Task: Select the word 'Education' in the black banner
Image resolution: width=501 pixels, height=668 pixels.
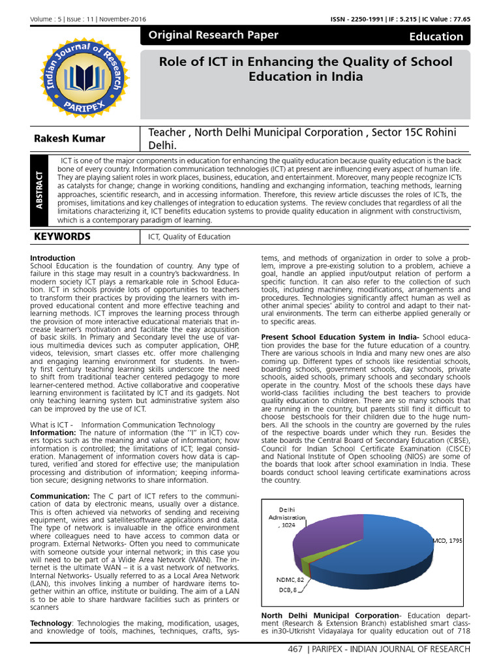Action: point(436,37)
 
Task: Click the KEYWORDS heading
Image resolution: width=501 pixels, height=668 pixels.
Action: point(63,237)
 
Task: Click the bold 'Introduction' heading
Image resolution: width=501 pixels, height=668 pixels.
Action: point(53,258)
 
